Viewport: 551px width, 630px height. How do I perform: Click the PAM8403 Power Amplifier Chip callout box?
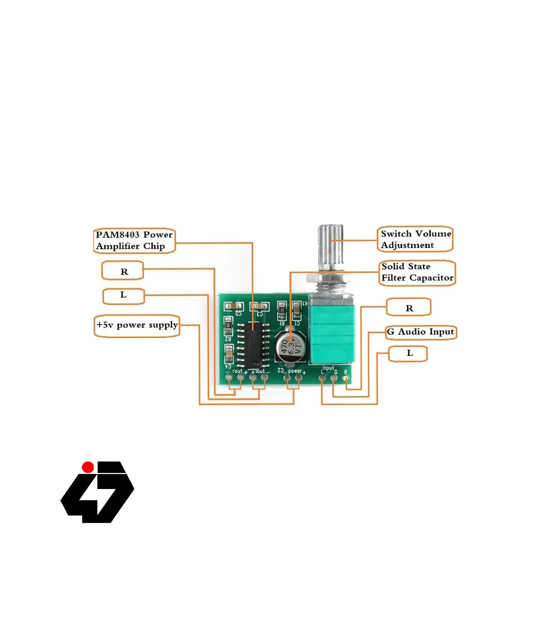(x=134, y=241)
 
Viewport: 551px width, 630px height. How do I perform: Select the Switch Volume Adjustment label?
(x=415, y=239)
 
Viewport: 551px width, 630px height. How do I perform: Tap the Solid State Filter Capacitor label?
(x=417, y=273)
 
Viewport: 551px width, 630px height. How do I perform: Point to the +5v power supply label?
(x=136, y=326)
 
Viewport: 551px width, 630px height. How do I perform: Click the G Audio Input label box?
(x=421, y=332)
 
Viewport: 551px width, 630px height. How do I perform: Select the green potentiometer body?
(x=332, y=333)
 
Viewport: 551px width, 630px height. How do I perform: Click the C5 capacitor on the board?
(x=234, y=306)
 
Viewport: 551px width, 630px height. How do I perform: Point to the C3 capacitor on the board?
(x=260, y=306)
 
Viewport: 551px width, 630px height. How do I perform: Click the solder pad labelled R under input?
(x=346, y=378)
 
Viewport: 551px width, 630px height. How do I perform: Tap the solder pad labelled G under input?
(x=334, y=378)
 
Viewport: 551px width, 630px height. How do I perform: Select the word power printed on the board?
(x=294, y=371)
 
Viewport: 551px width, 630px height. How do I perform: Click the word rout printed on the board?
(x=237, y=371)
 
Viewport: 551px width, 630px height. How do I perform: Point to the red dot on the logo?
(x=88, y=467)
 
